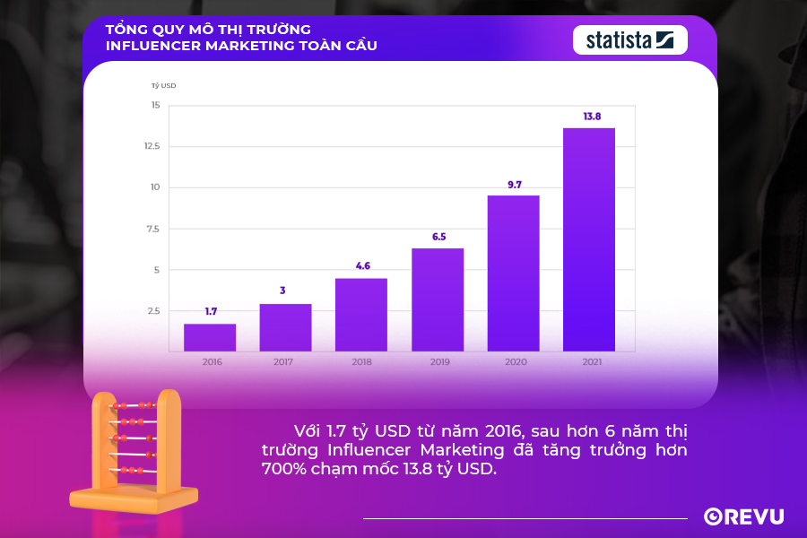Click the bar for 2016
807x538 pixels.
[x=210, y=338]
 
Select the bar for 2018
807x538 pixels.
[x=361, y=315]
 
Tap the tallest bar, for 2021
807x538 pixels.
[x=589, y=239]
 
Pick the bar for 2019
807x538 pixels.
[x=438, y=299]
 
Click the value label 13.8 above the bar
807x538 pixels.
[x=592, y=117]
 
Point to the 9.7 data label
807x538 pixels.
[x=515, y=185]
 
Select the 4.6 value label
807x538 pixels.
[x=361, y=266]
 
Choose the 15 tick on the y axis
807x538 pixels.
[x=155, y=105]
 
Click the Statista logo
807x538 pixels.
[x=629, y=39]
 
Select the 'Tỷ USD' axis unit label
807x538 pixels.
[x=163, y=85]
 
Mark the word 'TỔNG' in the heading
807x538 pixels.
[x=126, y=28]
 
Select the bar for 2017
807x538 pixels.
[x=286, y=328]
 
